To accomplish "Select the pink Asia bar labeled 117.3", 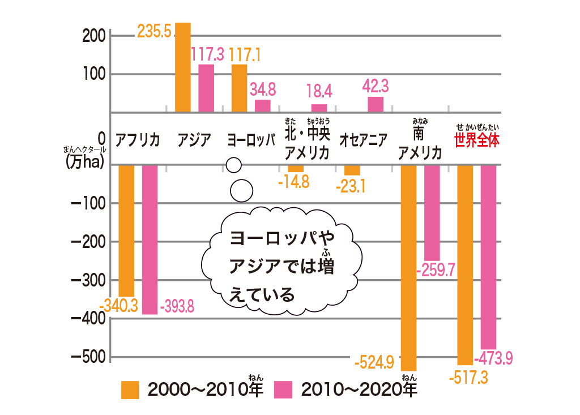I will coord(206,88).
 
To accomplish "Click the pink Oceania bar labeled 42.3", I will coord(376,104).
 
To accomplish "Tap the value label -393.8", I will coord(178,307).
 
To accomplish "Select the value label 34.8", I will coord(262,89).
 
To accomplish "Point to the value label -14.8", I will coord(294,182).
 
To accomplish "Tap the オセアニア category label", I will coord(362,139).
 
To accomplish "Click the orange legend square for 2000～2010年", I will coord(130,390).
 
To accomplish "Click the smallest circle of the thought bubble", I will coord(233,165).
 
